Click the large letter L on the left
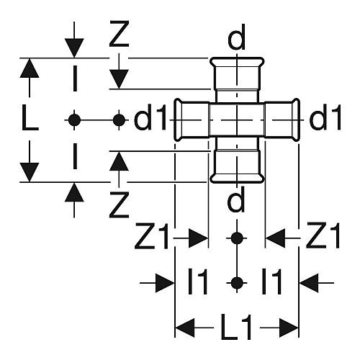30,118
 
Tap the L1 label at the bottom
236,328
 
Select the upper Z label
120,33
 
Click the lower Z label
120,204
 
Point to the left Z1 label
152,235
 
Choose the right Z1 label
323,235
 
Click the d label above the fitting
237,37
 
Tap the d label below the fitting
237,199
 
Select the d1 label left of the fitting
150,117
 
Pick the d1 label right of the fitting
325,117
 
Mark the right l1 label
271,282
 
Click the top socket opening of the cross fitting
237,62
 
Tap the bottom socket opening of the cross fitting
237,178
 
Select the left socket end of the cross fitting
178,120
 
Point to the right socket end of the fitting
296,120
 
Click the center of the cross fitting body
237,120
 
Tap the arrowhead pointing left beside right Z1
276,238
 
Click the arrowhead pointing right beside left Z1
198,238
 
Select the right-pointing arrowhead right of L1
289,328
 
